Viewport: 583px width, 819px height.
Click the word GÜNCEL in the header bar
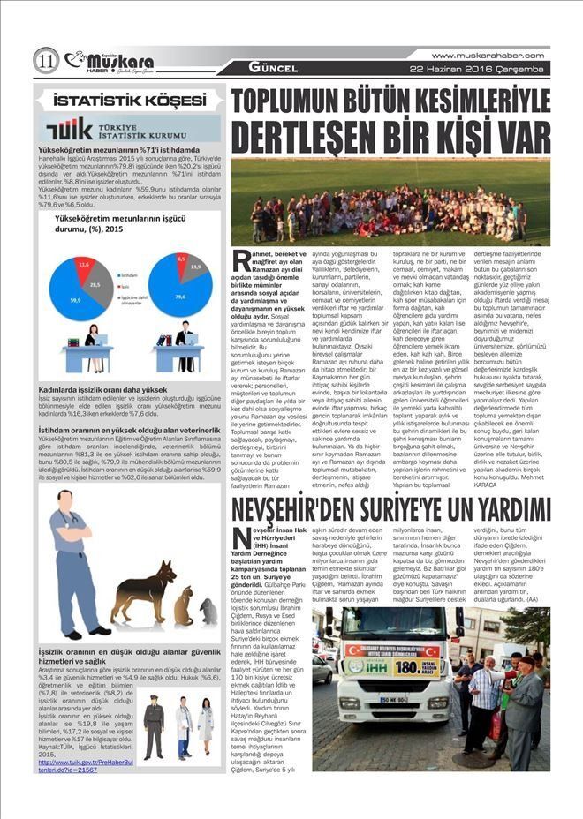pos(270,68)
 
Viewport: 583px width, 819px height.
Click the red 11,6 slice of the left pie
pos(84,265)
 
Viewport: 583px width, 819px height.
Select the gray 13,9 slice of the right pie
pos(194,267)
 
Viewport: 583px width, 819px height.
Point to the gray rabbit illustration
pos(208,612)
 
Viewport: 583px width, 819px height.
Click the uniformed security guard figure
pos(153,725)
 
